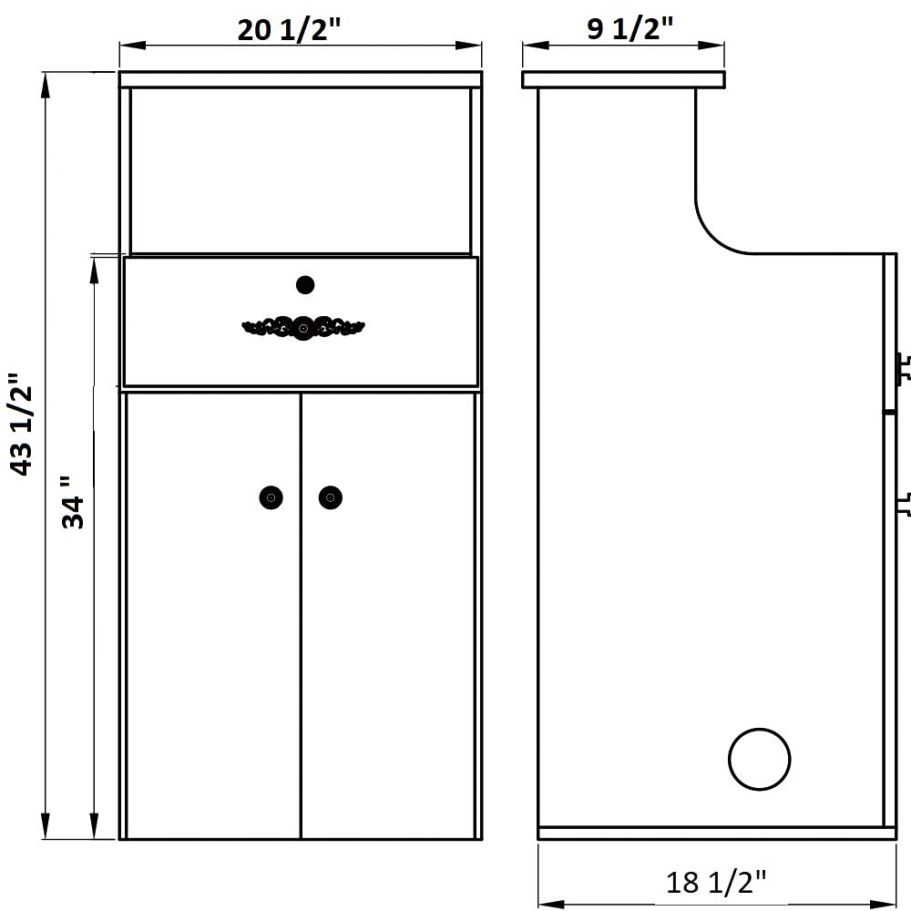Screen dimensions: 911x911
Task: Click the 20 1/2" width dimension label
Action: [x=289, y=29]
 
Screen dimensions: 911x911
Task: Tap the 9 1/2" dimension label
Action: [x=630, y=28]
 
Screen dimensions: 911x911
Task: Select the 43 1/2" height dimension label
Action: [x=24, y=425]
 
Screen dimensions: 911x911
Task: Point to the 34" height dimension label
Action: [x=74, y=503]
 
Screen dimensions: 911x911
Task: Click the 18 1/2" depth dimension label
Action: [x=716, y=882]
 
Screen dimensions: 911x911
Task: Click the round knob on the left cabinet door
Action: [x=271, y=497]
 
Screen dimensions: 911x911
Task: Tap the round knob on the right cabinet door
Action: [x=331, y=497]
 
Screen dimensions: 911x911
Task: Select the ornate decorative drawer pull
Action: [x=302, y=328]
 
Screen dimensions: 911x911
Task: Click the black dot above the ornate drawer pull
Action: [x=305, y=285]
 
